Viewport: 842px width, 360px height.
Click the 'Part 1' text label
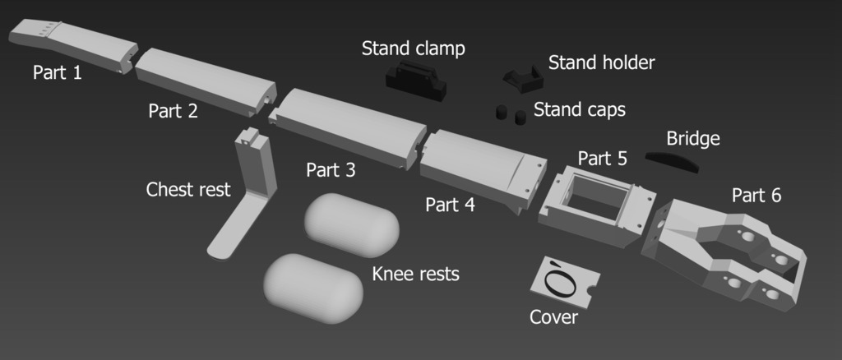click(58, 73)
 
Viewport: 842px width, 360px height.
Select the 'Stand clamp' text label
click(413, 49)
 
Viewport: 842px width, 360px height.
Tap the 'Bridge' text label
click(693, 138)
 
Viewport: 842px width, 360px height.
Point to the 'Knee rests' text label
click(415, 274)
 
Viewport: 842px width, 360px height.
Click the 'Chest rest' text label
click(188, 190)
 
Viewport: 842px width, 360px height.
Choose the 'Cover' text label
click(553, 316)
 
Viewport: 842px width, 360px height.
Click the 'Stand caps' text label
click(580, 109)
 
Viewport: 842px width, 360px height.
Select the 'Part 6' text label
click(756, 196)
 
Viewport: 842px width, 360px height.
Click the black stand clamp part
click(416, 79)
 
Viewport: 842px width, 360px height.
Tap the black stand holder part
click(524, 79)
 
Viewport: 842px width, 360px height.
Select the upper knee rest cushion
click(352, 224)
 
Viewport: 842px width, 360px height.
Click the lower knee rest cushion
click(312, 288)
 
